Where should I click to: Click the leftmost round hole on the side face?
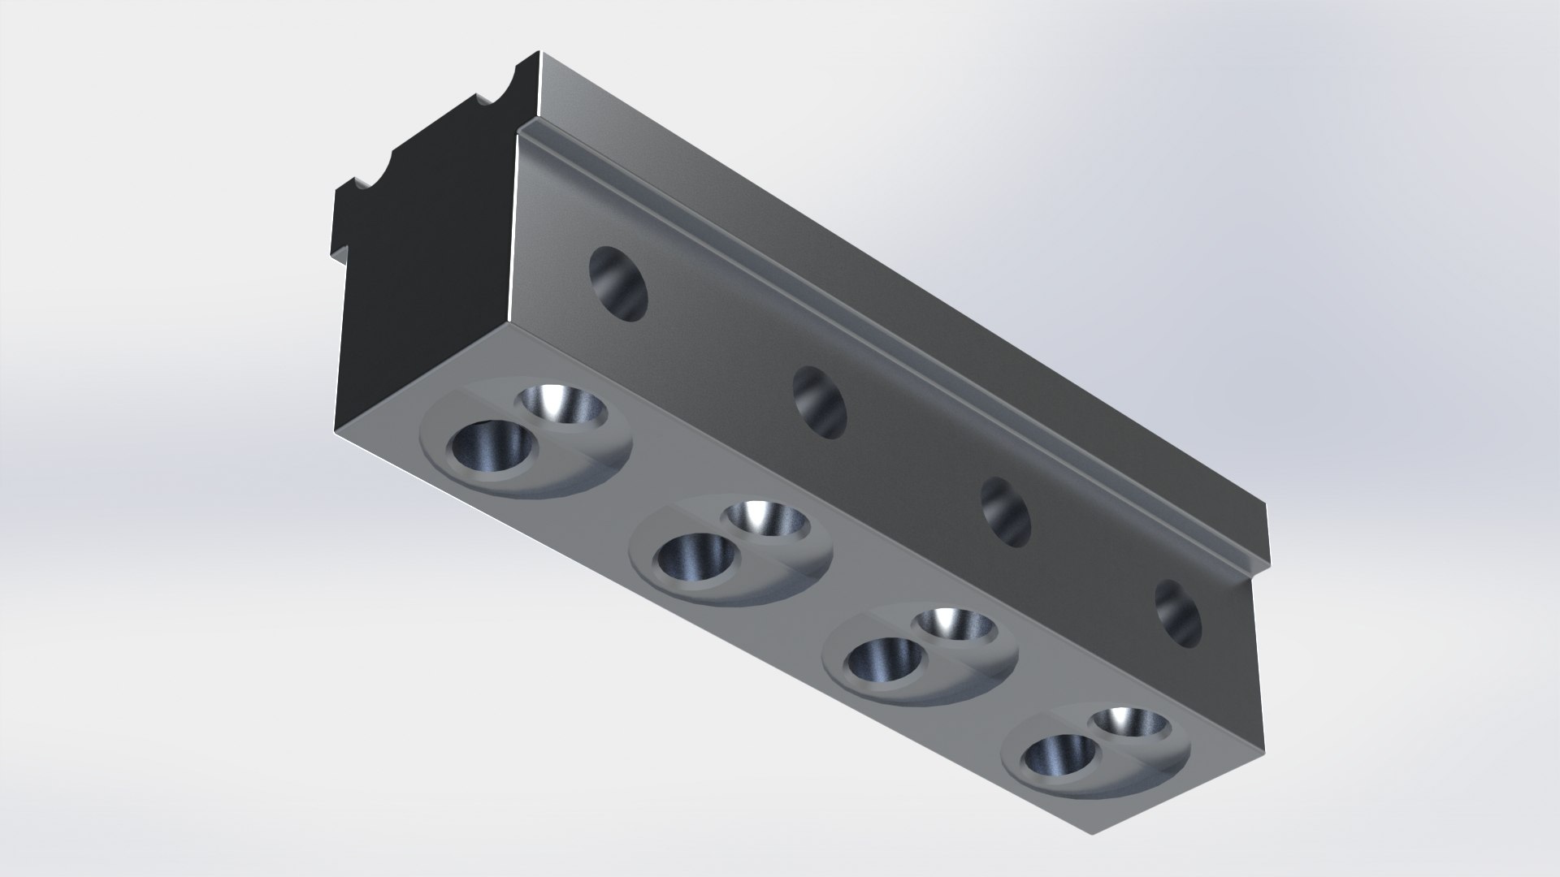618,284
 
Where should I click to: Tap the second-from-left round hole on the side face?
819,403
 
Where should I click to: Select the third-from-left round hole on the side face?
1006,512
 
